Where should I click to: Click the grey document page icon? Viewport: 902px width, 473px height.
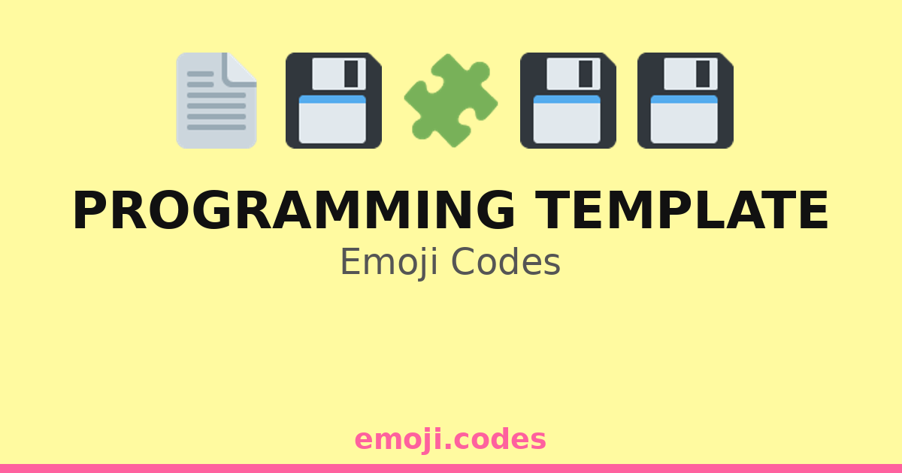click(216, 101)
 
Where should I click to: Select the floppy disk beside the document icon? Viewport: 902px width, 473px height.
click(334, 101)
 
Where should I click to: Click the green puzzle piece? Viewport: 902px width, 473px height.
click(451, 101)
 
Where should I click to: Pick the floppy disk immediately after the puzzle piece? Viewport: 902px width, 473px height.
click(568, 101)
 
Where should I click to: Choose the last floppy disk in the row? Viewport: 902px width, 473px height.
click(685, 101)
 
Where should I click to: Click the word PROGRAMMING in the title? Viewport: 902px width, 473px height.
click(294, 210)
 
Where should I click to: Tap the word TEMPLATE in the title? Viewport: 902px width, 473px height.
click(681, 210)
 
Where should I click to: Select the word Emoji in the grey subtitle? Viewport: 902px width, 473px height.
click(389, 262)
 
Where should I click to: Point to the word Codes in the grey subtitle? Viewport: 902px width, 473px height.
click(506, 261)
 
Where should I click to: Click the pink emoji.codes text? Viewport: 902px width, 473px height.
click(450, 439)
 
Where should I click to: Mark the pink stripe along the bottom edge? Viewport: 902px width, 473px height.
click(451, 468)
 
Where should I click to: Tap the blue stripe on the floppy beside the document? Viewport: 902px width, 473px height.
click(332, 99)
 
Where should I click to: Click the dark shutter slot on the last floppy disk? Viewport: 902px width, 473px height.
click(703, 74)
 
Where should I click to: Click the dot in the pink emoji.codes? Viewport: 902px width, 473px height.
click(447, 447)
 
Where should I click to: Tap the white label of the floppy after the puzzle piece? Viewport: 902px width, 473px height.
click(567, 122)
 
